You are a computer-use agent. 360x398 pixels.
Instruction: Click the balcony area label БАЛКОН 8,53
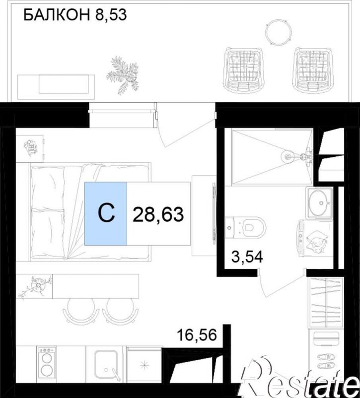(x=75, y=15)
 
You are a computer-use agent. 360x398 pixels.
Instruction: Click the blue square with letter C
(x=106, y=213)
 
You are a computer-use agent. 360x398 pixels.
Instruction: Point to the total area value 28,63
(x=158, y=214)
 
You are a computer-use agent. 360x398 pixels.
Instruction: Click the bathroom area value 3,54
(x=247, y=257)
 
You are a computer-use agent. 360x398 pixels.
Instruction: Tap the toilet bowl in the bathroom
(x=245, y=227)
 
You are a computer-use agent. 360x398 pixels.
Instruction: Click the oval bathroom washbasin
(x=319, y=203)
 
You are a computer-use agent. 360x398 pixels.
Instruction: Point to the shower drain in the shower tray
(x=287, y=157)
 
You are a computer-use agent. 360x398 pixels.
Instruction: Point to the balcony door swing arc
(x=187, y=130)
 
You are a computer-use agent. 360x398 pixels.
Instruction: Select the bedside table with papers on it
(x=30, y=148)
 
